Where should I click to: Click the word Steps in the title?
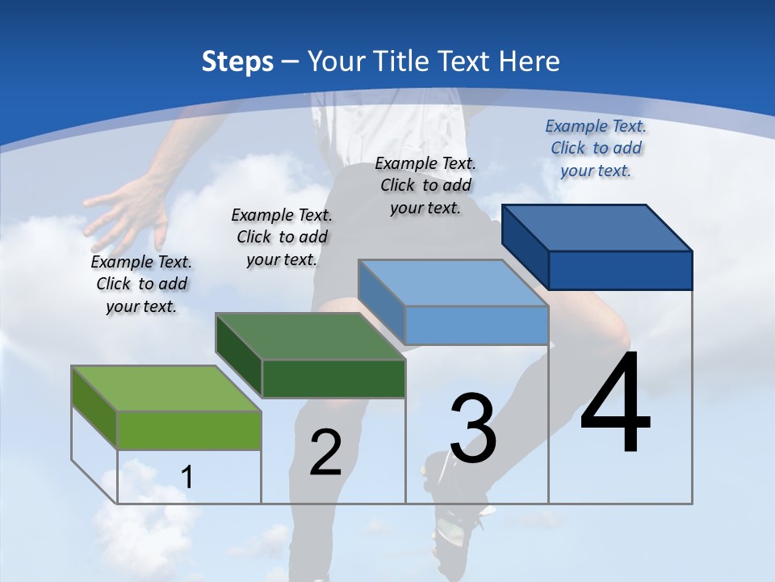coord(237,61)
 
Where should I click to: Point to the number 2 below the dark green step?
coord(326,453)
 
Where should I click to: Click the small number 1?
coord(186,477)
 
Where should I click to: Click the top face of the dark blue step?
coord(597,228)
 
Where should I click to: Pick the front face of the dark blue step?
coord(620,270)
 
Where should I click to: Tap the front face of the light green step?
coord(189,430)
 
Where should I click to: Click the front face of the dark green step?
coord(333,378)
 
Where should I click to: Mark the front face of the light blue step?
coord(476,325)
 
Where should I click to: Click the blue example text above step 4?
coord(596,148)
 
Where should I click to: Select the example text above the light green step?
coord(141,284)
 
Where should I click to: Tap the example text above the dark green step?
coord(282,237)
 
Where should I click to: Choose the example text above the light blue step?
coord(425,185)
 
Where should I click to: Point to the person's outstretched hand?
coord(125,214)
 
